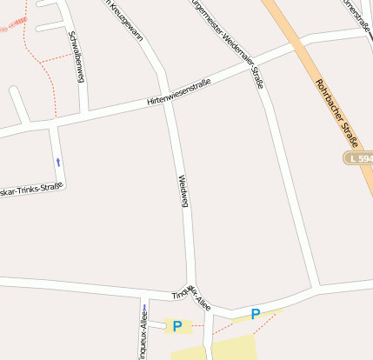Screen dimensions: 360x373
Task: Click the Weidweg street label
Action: [183, 191]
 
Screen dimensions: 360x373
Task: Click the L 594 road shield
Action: [358, 158]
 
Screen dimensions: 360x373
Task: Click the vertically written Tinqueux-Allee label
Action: [142, 333]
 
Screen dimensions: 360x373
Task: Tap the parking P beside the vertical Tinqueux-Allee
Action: [177, 326]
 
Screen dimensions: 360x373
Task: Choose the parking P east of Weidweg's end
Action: [255, 314]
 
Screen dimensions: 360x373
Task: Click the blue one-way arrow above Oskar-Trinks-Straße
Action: [58, 161]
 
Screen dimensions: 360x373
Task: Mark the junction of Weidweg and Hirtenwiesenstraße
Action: [166, 98]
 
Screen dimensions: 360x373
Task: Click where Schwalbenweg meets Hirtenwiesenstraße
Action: [84, 115]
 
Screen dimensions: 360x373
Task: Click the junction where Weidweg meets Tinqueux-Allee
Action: [193, 290]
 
